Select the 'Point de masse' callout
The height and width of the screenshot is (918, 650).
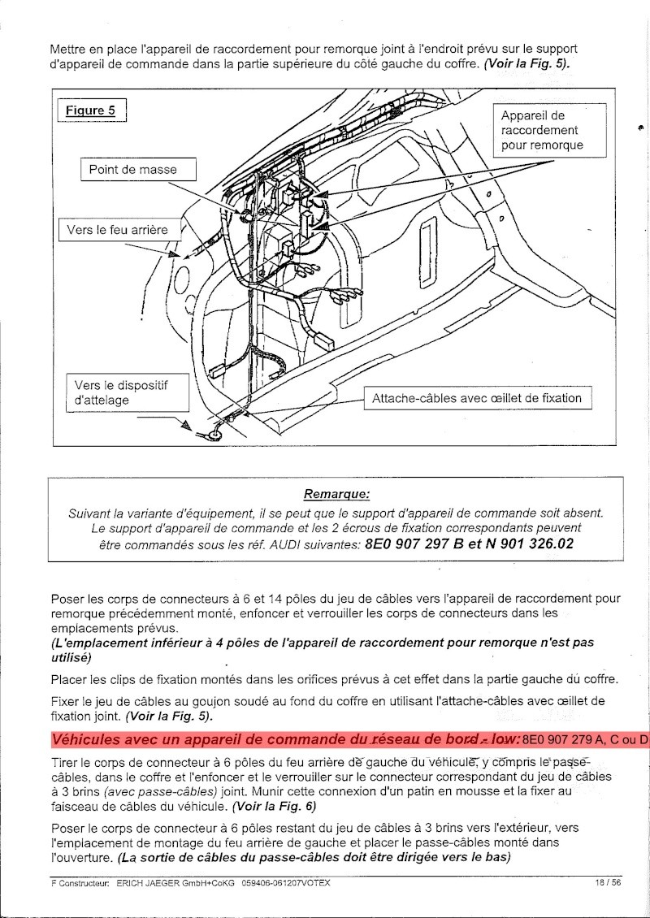tap(132, 170)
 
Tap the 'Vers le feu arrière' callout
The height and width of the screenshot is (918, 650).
tap(118, 230)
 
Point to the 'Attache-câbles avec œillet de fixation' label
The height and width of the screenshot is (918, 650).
tap(476, 398)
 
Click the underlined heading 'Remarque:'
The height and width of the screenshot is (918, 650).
tap(336, 493)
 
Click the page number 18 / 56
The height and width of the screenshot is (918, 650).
tap(607, 883)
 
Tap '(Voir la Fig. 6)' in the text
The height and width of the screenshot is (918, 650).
tap(274, 808)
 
